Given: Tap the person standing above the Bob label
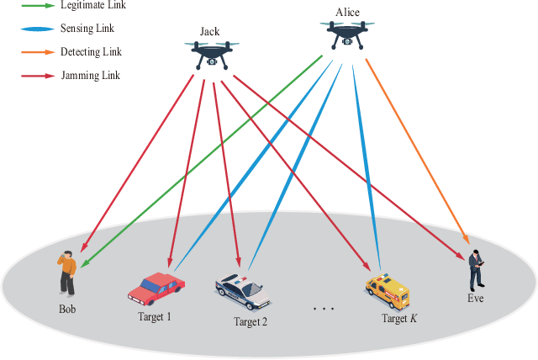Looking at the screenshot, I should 67,271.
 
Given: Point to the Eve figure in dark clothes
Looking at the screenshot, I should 476,269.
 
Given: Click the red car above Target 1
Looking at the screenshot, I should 156,289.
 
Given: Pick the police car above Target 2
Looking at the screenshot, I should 242,291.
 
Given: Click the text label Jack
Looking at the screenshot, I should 209,32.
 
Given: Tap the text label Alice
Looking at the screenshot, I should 347,13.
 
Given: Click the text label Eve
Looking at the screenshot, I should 476,299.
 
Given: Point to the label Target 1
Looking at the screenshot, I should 155,316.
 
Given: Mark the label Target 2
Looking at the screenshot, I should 250,321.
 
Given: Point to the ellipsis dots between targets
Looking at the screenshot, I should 324,310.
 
